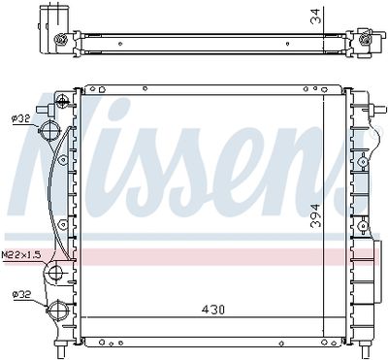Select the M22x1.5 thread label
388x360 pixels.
tap(20, 254)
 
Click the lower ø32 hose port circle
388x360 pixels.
tap(59, 312)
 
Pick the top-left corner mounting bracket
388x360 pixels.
tap(64, 99)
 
